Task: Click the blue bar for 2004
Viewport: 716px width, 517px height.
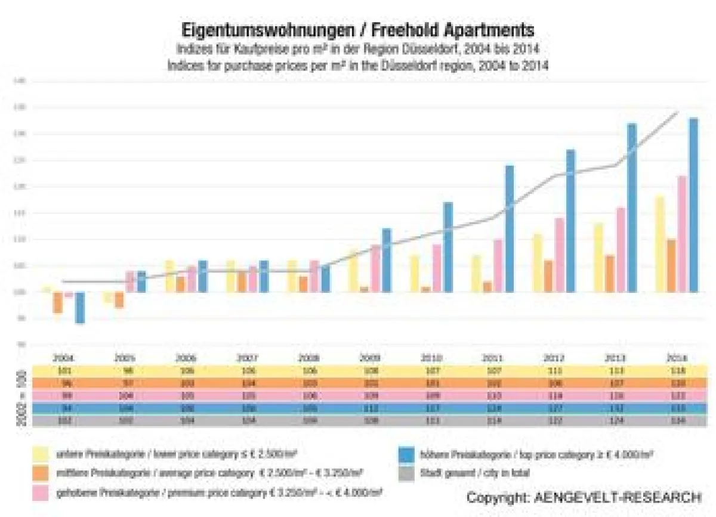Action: (79, 307)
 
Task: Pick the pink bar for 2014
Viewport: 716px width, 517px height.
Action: (681, 234)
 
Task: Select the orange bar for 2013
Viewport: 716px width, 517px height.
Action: (610, 274)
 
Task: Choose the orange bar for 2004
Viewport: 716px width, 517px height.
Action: (57, 302)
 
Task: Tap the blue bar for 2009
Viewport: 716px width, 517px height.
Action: (387, 260)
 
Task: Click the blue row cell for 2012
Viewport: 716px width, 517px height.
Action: (555, 408)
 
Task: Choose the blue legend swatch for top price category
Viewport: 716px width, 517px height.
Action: (406, 455)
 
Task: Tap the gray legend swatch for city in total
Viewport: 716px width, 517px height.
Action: (406, 474)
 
